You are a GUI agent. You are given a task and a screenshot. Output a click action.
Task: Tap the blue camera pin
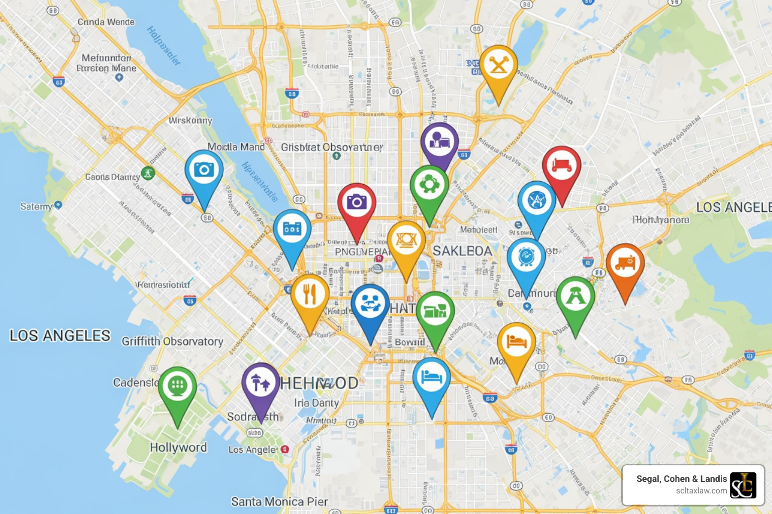(x=204, y=171)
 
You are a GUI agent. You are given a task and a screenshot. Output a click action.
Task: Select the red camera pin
(x=356, y=203)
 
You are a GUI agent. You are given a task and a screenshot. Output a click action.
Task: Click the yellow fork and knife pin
(x=310, y=295)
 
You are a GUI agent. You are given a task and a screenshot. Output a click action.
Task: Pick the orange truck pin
(x=625, y=264)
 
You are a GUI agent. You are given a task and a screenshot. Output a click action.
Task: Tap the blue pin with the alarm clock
(x=526, y=258)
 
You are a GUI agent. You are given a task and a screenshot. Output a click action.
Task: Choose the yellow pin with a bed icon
(x=516, y=342)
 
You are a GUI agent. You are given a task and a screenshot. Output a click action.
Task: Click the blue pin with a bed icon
(x=431, y=377)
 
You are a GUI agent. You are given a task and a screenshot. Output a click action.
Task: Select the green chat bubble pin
(x=177, y=387)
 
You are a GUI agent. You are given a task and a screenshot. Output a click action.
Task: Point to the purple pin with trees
(x=260, y=383)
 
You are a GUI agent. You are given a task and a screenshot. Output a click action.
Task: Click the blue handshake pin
(x=370, y=304)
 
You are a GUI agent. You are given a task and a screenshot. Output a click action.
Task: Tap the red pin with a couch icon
(x=561, y=166)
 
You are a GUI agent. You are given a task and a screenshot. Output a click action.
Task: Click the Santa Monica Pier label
(x=279, y=501)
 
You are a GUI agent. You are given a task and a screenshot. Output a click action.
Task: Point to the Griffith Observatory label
(x=172, y=341)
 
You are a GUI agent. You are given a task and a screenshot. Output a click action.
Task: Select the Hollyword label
(x=178, y=447)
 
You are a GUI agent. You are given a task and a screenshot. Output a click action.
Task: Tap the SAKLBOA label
(x=462, y=251)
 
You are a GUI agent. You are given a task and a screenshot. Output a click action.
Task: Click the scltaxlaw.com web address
(x=701, y=491)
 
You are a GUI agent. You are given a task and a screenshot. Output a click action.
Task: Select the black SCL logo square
(x=743, y=485)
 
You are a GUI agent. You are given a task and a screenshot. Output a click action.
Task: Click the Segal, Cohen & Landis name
(x=682, y=479)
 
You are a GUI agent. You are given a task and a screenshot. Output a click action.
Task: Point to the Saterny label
(x=36, y=206)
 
